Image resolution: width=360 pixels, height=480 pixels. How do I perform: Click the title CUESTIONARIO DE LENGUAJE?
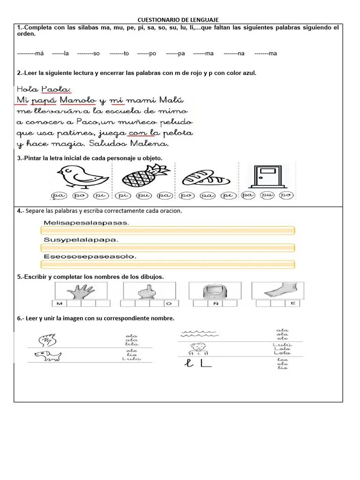click(178, 20)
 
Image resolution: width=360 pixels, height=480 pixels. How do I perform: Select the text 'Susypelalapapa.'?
click(81, 240)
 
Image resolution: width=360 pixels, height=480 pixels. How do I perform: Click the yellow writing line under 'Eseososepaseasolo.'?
click(167, 264)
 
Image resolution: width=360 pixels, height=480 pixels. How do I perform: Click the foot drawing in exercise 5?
click(277, 291)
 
